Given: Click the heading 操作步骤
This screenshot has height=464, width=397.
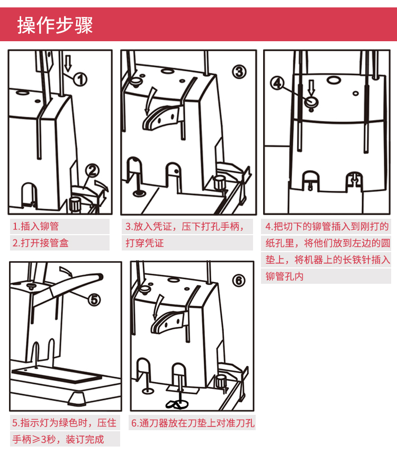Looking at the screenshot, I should point(55,25).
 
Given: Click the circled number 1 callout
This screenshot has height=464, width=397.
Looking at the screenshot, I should point(79,80).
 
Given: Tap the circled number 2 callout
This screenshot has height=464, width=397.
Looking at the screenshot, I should point(93,170).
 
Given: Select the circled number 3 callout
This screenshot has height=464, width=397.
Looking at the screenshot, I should point(239,71).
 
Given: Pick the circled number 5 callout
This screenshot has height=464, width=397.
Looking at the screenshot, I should point(93,299).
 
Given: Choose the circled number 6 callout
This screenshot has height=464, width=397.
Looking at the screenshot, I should point(239,281).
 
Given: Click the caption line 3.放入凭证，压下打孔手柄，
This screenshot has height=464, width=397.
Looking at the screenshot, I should point(185,227).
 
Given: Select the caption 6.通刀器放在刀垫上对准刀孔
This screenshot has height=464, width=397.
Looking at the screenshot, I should point(193,423).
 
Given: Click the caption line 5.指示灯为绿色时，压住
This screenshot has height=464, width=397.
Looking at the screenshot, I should point(64,423).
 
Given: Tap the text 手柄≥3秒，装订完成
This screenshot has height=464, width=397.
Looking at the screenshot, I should point(58,440).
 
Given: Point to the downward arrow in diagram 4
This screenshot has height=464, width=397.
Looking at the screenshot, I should point(311,87).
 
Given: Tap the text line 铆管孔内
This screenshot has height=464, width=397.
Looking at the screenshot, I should point(285,276).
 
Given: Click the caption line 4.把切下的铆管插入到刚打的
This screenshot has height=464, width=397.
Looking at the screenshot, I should point(327,227).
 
